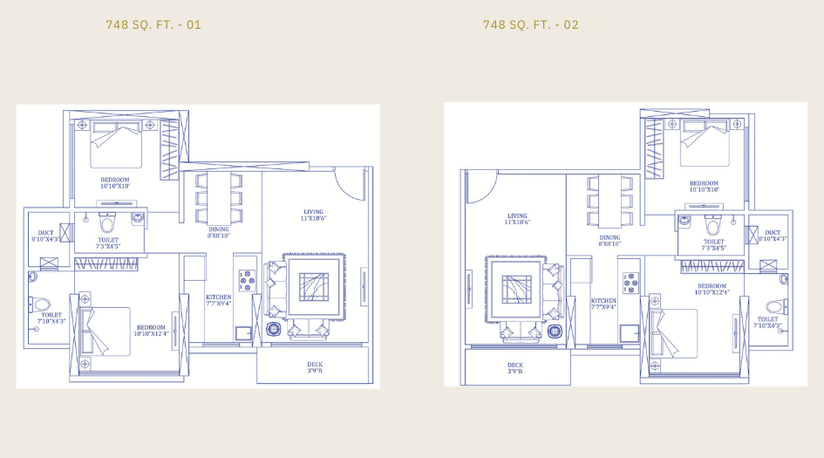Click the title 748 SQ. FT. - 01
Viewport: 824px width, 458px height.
coord(153,24)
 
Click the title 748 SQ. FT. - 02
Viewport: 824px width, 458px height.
coord(530,24)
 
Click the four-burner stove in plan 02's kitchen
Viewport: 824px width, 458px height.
coord(630,284)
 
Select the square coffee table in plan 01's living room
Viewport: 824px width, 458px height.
coord(313,286)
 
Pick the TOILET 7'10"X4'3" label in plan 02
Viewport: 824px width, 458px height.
coord(768,323)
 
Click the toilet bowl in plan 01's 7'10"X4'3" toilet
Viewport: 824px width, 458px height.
coord(41,305)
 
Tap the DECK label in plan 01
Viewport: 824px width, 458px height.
coord(315,368)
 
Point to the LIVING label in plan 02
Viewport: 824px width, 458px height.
coord(517,219)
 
